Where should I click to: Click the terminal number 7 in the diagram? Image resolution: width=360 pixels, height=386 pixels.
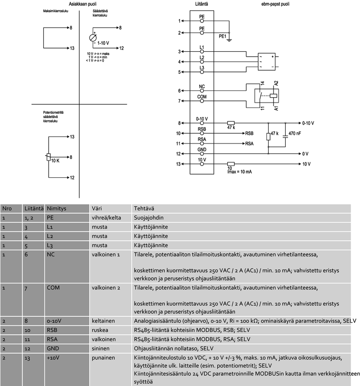pyautogui.click(x=179, y=101)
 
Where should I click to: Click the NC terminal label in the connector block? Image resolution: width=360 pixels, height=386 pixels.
pyautogui.click(x=202, y=86)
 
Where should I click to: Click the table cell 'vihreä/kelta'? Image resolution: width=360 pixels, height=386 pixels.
pyautogui.click(x=105, y=217)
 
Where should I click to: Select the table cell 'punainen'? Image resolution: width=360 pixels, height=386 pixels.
pyautogui.click(x=103, y=358)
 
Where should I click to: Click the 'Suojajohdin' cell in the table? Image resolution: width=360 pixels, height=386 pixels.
pyautogui.click(x=148, y=217)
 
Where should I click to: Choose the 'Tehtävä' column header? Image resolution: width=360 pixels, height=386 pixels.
pyautogui.click(x=144, y=209)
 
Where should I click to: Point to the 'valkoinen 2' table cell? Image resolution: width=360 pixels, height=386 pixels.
pyautogui.click(x=105, y=287)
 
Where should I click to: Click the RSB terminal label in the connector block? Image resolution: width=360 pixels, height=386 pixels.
pyautogui.click(x=202, y=129)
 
